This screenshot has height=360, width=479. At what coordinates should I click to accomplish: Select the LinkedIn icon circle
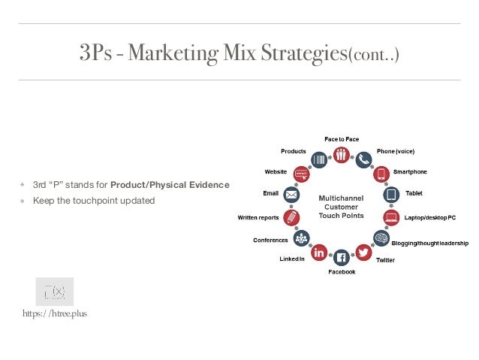pos(319,253)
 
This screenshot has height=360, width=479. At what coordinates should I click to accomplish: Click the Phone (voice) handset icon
pos(364,159)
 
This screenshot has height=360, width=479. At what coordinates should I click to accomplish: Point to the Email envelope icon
pos(292,195)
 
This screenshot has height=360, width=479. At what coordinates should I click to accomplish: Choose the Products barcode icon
pos(319,159)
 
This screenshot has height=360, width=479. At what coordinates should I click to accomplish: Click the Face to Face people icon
pos(342,154)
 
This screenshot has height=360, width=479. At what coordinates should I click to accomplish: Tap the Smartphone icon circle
pos(381,174)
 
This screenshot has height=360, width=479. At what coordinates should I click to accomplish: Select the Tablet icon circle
pos(391,195)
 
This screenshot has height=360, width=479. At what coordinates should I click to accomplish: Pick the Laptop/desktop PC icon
pos(391,218)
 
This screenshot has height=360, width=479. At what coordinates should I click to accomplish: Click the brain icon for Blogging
pos(381,237)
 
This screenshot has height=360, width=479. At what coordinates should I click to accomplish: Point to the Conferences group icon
pos(302,238)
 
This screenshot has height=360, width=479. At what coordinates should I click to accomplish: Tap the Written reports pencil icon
pos(292,218)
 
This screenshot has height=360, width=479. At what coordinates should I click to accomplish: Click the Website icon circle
pos(302,174)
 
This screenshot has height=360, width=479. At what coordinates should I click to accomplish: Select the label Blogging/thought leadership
pos(431,243)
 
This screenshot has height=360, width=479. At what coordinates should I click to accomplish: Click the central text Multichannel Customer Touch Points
pos(341,207)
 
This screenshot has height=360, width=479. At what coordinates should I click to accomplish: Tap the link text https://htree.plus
pos(55,313)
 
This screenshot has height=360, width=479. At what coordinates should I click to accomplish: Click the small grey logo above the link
pos(55,291)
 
